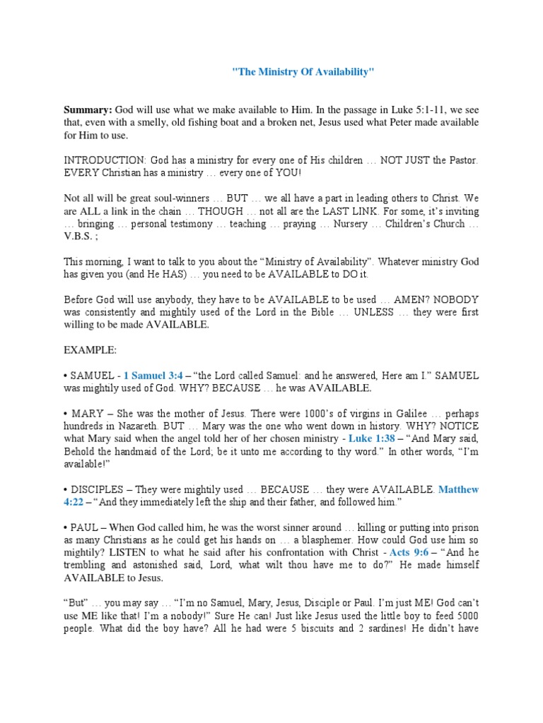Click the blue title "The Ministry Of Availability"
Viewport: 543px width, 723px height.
(x=303, y=73)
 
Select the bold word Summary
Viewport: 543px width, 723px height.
(x=88, y=110)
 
